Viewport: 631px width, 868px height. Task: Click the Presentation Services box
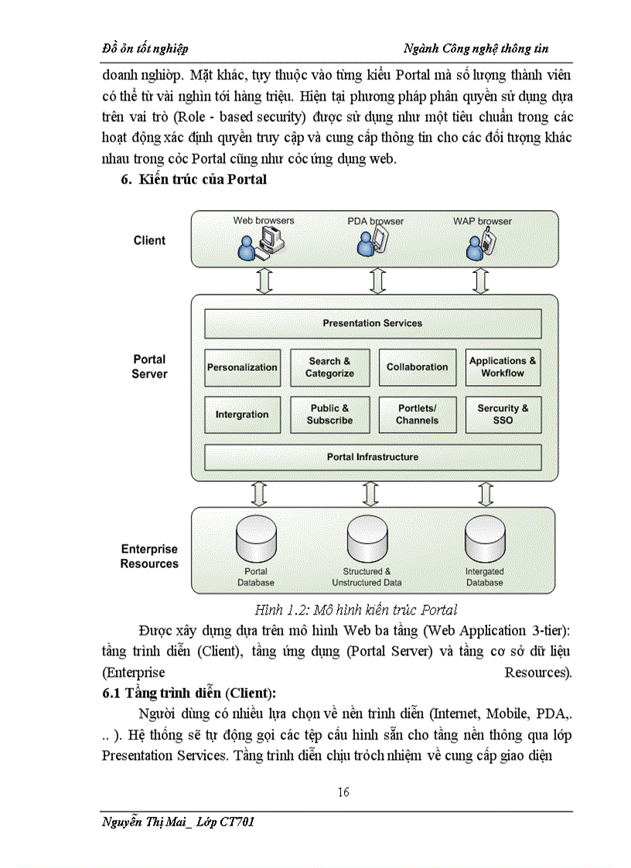(373, 323)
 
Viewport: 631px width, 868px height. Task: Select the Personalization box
(242, 367)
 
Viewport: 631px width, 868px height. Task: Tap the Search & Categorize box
(329, 367)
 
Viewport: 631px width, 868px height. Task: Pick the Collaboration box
(417, 367)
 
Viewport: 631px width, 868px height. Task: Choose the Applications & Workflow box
(503, 367)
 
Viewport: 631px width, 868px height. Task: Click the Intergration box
(242, 414)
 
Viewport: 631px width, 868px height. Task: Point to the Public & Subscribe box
(329, 414)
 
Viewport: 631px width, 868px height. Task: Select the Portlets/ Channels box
(417, 414)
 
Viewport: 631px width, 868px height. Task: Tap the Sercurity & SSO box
(503, 414)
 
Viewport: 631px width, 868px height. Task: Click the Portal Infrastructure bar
(373, 457)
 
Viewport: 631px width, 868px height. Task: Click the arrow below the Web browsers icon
(264, 281)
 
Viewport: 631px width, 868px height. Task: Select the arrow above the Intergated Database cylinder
(485, 492)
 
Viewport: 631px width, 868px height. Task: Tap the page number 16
(343, 791)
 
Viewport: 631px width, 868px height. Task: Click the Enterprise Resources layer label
(149, 557)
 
